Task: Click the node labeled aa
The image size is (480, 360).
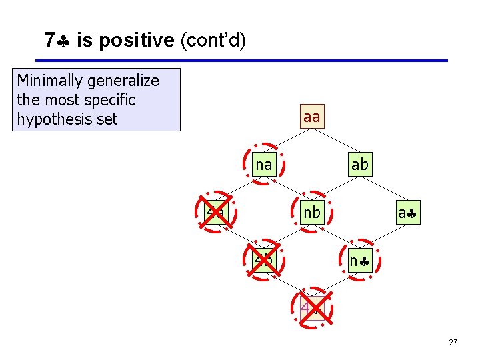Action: pos(311,117)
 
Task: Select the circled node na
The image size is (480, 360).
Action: pos(264,164)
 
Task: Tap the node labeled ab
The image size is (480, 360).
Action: pos(359,164)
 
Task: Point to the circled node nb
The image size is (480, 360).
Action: pos(311,213)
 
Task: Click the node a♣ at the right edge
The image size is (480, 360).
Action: pos(407,213)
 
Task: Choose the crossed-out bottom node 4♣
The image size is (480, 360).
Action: pos(311,309)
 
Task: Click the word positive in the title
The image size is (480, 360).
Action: pos(142,41)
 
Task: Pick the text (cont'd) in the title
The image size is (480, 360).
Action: pos(213,41)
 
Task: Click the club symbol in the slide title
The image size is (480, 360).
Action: pos(65,41)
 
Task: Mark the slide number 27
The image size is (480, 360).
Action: pos(453,343)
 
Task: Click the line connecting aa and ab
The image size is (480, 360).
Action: pos(335,141)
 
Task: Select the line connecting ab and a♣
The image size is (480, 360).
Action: pos(383,189)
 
